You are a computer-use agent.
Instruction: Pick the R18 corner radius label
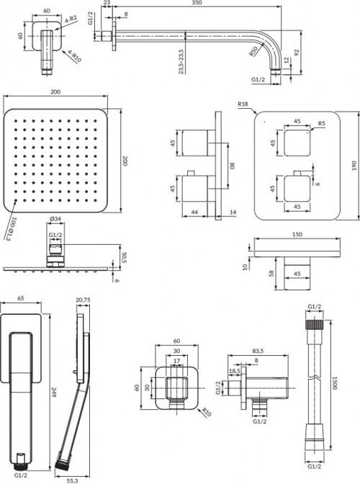pos(243,105)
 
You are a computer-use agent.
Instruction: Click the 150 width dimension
pos(297,235)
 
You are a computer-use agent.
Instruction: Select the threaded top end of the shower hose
pos(313,329)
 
